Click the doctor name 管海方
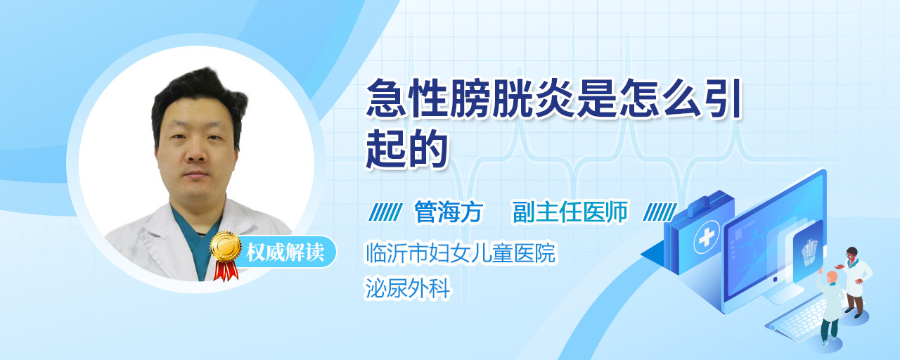[448, 212]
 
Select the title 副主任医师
[570, 212]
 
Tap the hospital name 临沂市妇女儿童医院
[461, 252]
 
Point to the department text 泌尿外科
[407, 288]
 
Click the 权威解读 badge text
[285, 252]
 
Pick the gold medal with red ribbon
[226, 255]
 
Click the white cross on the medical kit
[706, 238]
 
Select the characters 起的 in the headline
[406, 148]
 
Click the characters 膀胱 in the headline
[491, 98]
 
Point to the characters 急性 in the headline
[406, 98]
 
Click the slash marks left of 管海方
[385, 212]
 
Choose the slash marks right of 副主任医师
[660, 212]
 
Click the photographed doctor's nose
[195, 150]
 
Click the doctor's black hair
[199, 96]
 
